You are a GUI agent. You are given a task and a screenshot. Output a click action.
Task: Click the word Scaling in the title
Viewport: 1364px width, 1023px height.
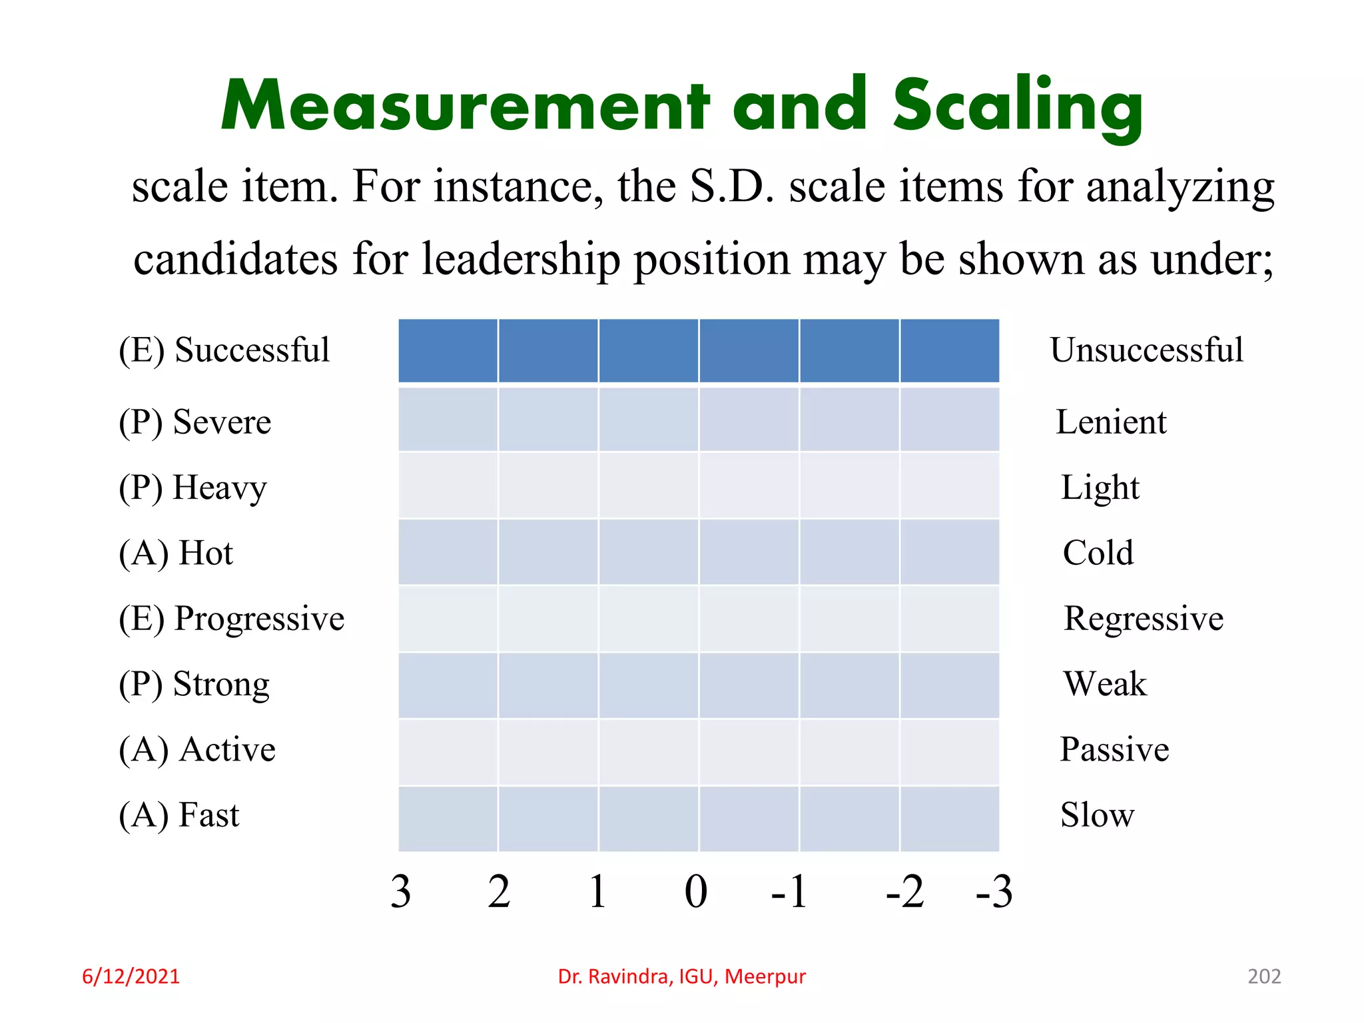point(1018,107)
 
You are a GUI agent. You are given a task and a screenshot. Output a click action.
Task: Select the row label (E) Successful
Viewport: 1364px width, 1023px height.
point(224,350)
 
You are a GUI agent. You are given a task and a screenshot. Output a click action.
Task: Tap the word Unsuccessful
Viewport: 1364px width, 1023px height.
point(1146,350)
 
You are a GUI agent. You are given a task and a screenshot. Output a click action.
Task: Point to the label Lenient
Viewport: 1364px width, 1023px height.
point(1111,422)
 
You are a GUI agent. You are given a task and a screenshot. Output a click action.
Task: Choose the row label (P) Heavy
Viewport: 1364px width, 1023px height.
point(192,488)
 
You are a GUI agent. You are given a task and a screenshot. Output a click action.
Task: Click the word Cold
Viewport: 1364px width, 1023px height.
point(1098,553)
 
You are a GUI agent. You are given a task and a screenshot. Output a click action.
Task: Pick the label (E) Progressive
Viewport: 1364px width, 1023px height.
point(231,619)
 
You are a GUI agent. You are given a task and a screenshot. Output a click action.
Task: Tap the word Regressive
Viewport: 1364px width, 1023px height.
point(1144,619)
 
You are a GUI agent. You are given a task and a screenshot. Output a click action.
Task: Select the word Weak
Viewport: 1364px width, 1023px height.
point(1105,684)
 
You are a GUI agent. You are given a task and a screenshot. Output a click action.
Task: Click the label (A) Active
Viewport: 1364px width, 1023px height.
point(196,749)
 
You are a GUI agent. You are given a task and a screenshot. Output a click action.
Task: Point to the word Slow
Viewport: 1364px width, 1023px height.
point(1097,815)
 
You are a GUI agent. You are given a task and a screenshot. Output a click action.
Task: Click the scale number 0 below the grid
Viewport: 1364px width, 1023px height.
point(696,892)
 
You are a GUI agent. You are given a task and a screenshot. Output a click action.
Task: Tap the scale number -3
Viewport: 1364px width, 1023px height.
point(994,892)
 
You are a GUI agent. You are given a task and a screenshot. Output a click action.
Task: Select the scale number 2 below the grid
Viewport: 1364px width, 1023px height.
point(499,892)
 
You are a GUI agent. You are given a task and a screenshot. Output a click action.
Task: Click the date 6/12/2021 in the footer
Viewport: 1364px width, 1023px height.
point(131,976)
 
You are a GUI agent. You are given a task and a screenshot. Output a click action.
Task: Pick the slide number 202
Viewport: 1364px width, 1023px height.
point(1263,976)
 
